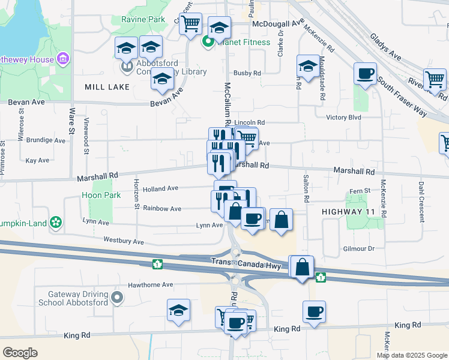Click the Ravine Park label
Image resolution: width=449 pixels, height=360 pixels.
tap(143, 20)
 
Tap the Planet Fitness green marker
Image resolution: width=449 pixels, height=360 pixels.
tap(208, 42)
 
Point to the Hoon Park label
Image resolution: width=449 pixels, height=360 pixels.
tap(101, 195)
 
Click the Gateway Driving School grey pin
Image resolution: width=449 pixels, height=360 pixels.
tap(117, 296)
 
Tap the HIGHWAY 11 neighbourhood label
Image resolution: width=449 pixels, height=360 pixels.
tap(348, 212)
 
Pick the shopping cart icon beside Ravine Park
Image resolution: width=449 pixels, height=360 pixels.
tap(190, 25)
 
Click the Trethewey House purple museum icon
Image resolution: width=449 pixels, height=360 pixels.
tap(62, 59)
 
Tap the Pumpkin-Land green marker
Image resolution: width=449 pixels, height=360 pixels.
tap(56, 221)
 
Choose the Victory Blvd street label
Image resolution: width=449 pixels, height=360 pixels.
tap(343, 118)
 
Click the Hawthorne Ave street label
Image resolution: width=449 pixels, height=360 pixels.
tap(149, 284)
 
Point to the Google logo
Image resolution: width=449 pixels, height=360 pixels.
tap(20, 353)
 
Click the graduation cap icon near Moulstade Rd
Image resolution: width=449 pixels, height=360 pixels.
tap(308, 66)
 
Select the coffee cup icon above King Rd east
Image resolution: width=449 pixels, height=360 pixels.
tap(314, 311)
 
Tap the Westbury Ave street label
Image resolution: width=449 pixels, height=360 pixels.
tap(124, 241)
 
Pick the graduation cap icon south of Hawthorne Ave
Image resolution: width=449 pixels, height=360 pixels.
tap(178, 310)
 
